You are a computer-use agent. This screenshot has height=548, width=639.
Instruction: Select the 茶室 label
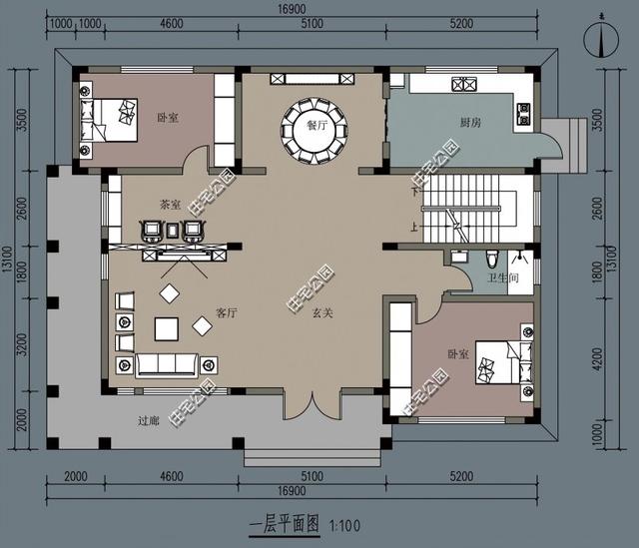pyautogui.click(x=170, y=204)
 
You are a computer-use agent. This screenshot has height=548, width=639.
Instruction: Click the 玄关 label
pyautogui.click(x=321, y=312)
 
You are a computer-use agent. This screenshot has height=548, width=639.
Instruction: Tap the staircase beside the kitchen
pyautogui.click(x=469, y=210)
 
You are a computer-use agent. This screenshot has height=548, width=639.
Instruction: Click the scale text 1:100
pyautogui.click(x=342, y=523)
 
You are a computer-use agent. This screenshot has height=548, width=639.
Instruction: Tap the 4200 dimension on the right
pyautogui.click(x=597, y=357)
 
